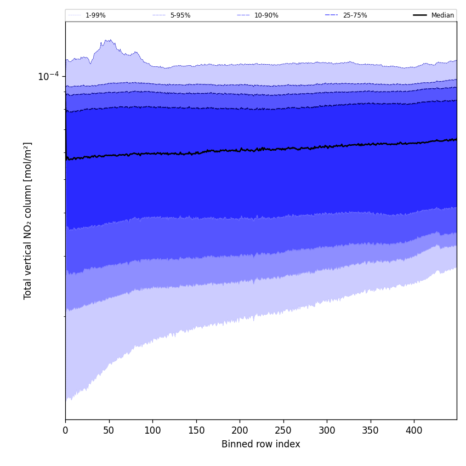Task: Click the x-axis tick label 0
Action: pyautogui.click(x=65, y=431)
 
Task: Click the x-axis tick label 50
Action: pyautogui.click(x=109, y=431)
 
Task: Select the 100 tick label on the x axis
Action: pyautogui.click(x=152, y=431)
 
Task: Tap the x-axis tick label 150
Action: pyautogui.click(x=196, y=431)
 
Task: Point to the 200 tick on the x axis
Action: pyautogui.click(x=240, y=431)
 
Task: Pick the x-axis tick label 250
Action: pyautogui.click(x=283, y=431)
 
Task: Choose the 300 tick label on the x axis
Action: pyautogui.click(x=327, y=431)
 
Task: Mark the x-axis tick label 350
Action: pyautogui.click(x=370, y=431)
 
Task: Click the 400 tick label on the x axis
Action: pyautogui.click(x=414, y=431)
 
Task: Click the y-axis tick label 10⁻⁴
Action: pyautogui.click(x=48, y=76)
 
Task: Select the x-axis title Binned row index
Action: pyautogui.click(x=261, y=444)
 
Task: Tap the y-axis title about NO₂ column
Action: pyautogui.click(x=28, y=220)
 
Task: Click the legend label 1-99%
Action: pyautogui.click(x=95, y=15)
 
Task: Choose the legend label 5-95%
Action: pyautogui.click(x=180, y=15)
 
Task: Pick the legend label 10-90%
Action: pyautogui.click(x=266, y=15)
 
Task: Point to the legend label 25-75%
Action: pyautogui.click(x=355, y=15)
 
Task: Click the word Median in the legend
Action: pyautogui.click(x=442, y=15)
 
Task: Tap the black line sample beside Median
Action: pyautogui.click(x=420, y=15)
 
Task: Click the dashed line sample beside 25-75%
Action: pyautogui.click(x=332, y=15)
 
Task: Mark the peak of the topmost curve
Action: pyautogui.click(x=109, y=39)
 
